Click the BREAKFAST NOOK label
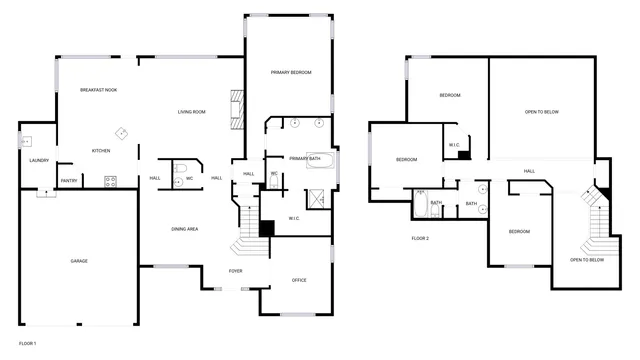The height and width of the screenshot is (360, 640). pos(99,91)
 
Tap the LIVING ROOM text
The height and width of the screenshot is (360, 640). pos(191,112)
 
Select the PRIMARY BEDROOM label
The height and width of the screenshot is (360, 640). pos(290,73)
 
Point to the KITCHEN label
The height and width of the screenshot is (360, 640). pos(101,151)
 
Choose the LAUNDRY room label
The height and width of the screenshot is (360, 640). pos(40,160)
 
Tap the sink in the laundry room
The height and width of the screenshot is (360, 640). pos(26,142)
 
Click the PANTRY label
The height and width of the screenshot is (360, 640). pos(69,181)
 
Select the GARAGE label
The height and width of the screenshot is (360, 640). pos(79,261)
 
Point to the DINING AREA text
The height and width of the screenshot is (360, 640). pos(184,229)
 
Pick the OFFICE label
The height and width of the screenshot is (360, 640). pos(299,280)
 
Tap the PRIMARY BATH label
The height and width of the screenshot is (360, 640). pos(304,159)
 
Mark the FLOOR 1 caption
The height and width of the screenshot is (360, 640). pos(28,344)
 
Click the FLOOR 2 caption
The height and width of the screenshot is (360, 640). pos(420,238)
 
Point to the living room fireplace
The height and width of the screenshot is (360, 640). pos(237,109)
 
